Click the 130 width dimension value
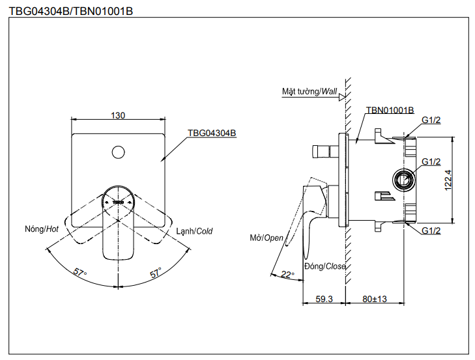(x=118, y=115)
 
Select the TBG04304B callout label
(x=212, y=132)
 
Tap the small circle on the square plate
(x=118, y=153)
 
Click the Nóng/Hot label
(x=42, y=229)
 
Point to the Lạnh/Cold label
(x=194, y=230)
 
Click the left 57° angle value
(x=80, y=273)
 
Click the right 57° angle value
(x=156, y=273)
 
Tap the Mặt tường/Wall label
(x=309, y=92)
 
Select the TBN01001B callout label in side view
(x=390, y=111)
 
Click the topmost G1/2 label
(x=431, y=120)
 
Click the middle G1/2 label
(x=431, y=161)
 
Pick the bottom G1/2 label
(x=431, y=230)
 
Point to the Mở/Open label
(x=266, y=238)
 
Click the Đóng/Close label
(x=324, y=266)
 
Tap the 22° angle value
(x=287, y=275)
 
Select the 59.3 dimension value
(x=324, y=299)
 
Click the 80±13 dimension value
(x=375, y=299)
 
